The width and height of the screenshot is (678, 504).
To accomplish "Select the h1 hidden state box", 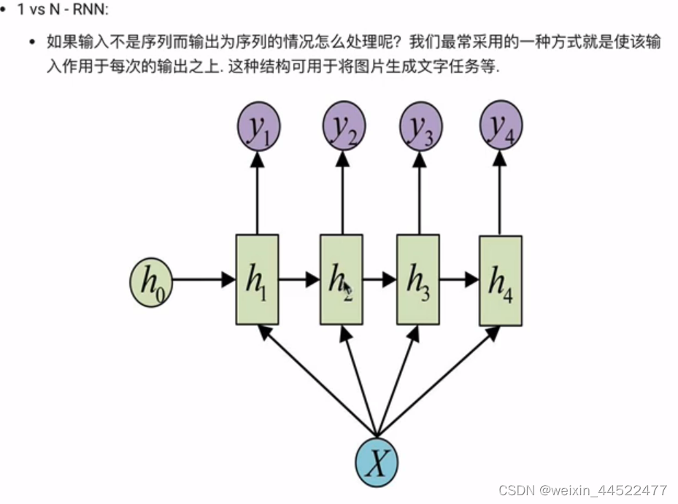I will click(257, 279).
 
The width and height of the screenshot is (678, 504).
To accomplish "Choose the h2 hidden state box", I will click(341, 279).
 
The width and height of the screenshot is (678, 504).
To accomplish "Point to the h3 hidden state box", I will click(418, 279).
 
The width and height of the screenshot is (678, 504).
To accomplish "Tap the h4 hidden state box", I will click(500, 281).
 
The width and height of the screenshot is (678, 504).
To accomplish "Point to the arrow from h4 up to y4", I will click(500, 193).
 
